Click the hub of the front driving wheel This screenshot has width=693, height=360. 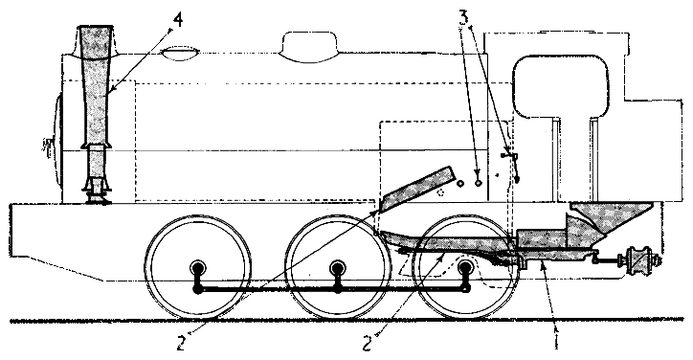pos(198,268)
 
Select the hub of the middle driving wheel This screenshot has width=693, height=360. pos(337,268)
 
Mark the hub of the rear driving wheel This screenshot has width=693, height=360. pos(465,267)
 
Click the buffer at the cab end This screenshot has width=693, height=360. pos(636,259)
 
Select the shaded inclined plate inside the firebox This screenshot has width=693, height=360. pos(415,189)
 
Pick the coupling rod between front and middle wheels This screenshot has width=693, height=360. pos(268,288)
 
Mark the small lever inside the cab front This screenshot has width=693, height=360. pos(510,158)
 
